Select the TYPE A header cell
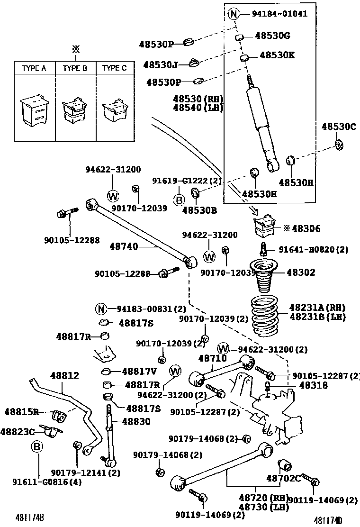click(x=34, y=68)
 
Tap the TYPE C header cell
click(x=114, y=68)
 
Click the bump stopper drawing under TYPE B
click(x=75, y=112)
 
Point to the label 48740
click(x=124, y=246)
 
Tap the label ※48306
click(x=302, y=229)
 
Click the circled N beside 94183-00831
click(x=100, y=309)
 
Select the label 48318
click(x=300, y=386)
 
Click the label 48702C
click(x=283, y=478)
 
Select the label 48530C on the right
click(x=339, y=127)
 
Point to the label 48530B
click(x=199, y=209)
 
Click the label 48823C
click(x=18, y=431)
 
